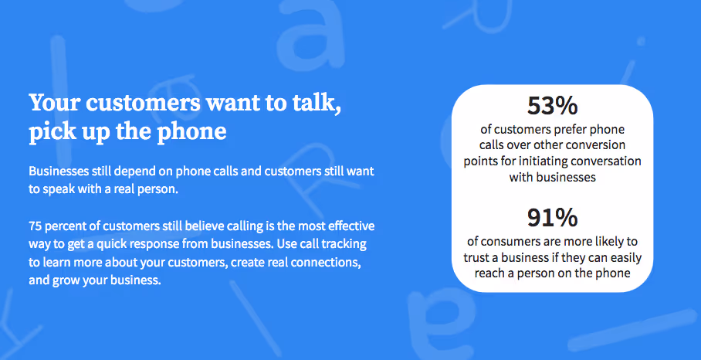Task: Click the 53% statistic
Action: pos(553,105)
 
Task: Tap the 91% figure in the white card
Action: pos(553,219)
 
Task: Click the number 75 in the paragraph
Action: pos(36,226)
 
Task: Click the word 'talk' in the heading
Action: pos(315,103)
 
